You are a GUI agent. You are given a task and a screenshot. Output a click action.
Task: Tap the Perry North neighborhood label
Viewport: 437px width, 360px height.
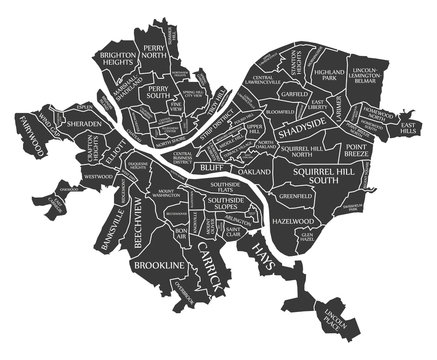coord(155,53)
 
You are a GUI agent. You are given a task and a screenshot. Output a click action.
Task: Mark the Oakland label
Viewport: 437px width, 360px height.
coord(253,172)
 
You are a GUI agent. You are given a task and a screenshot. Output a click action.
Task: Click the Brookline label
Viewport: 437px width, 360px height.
coord(157,264)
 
